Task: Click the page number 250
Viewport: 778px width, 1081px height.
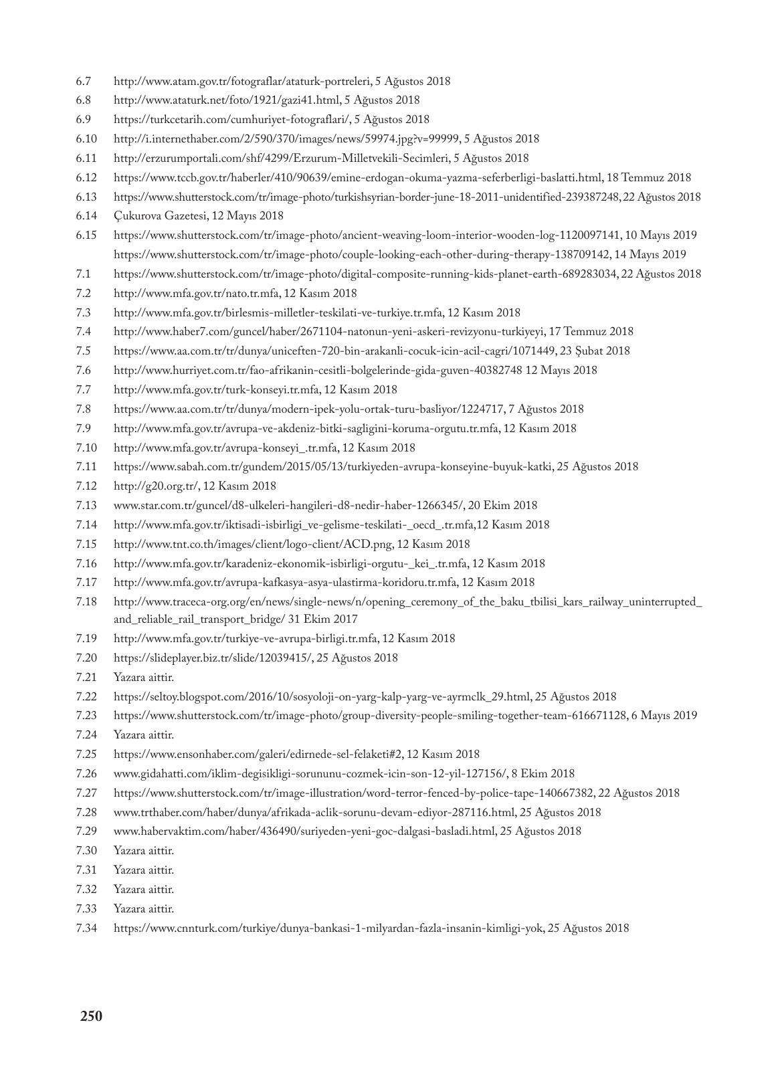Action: tap(91, 1017)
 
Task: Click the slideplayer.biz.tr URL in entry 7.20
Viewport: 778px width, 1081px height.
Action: tap(212, 658)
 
